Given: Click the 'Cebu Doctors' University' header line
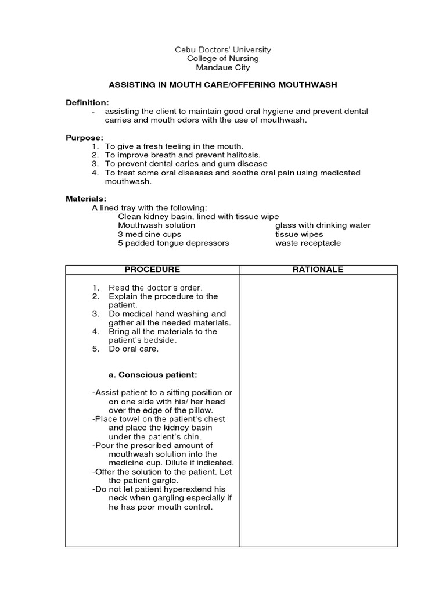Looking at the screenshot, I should [x=223, y=49].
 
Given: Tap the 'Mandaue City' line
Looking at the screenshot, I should [x=223, y=67].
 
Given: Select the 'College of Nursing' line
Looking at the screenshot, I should [x=223, y=59].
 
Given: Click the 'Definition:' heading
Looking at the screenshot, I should [x=87, y=102].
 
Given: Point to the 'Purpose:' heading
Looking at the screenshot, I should [x=84, y=138].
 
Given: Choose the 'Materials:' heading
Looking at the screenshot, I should [x=86, y=199].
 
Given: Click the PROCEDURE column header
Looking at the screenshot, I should [x=153, y=270].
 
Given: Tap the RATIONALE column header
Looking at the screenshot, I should [x=319, y=270].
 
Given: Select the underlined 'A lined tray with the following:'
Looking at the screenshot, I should [x=149, y=208].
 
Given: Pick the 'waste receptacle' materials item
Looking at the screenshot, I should [x=308, y=243].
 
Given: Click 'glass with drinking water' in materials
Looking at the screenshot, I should [x=323, y=225].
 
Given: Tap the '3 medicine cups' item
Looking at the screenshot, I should [x=149, y=234].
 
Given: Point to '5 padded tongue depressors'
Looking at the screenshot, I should [x=173, y=243].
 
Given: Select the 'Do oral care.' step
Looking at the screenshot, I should [x=133, y=349].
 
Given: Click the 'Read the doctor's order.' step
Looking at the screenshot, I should [x=155, y=288].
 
